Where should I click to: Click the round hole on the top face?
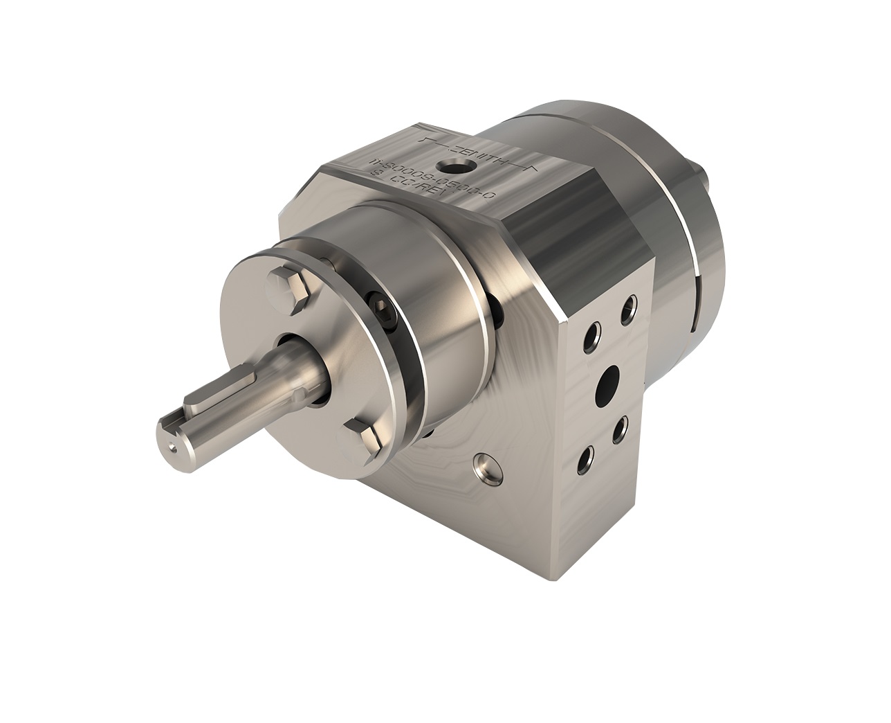[x=454, y=166]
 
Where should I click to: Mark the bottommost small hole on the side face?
[x=586, y=457]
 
